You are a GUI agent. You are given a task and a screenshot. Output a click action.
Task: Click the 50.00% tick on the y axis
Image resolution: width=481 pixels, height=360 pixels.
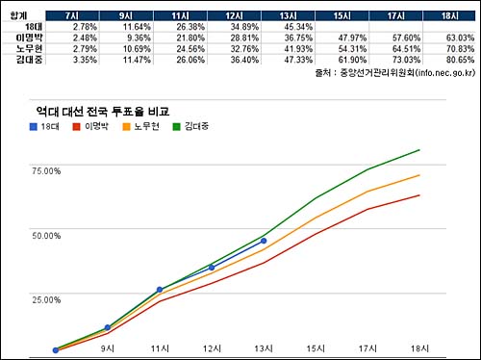(45, 234)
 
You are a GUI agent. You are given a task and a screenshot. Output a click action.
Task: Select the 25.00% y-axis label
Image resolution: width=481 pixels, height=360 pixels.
(45, 298)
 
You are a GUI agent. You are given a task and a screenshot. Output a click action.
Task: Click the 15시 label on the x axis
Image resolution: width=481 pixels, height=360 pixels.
(315, 347)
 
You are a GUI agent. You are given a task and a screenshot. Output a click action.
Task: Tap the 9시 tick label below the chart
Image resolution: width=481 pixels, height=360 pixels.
(108, 347)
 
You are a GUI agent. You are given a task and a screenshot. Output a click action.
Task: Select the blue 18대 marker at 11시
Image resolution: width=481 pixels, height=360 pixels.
(160, 290)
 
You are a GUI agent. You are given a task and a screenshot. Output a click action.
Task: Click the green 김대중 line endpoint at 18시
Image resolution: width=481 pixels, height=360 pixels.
(419, 149)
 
